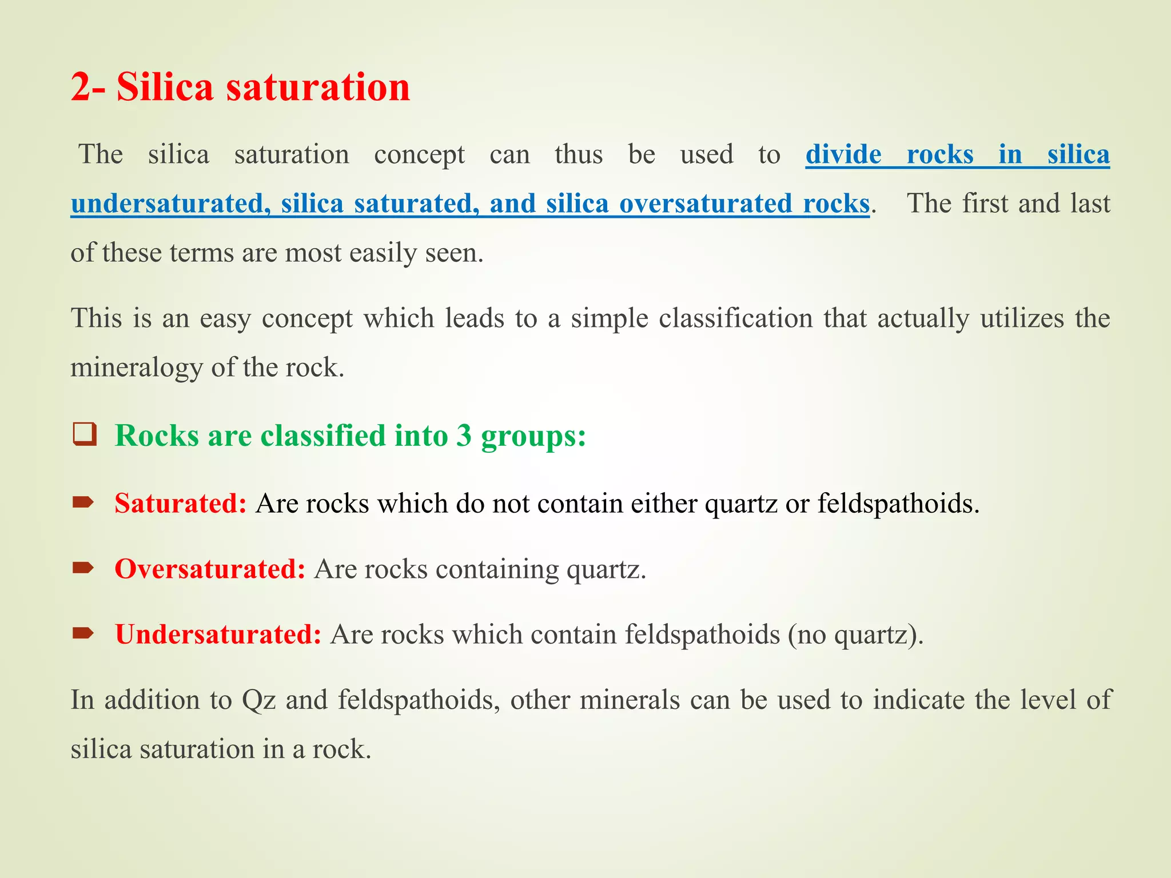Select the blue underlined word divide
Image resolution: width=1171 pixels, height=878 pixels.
(843, 154)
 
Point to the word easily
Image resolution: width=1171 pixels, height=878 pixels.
(383, 253)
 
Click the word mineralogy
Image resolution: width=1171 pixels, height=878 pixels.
(136, 367)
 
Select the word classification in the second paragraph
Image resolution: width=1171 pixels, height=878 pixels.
(735, 318)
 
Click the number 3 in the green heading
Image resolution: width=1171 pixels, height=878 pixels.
(464, 436)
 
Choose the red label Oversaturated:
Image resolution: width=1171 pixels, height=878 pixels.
(210, 569)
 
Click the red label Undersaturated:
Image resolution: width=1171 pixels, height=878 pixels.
(218, 634)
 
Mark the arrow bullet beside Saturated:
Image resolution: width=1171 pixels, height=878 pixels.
(83, 502)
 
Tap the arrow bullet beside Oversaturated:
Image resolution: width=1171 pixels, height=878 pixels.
(83, 568)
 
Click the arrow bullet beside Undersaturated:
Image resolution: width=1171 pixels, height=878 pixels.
(83, 633)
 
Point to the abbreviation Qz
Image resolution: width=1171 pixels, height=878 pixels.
(259, 700)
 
